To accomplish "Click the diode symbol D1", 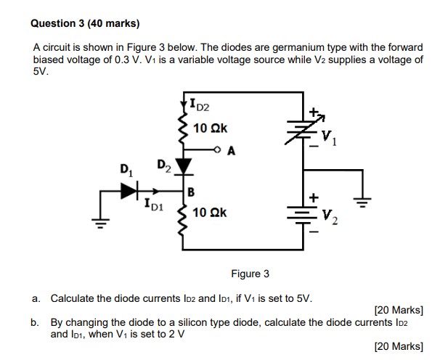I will point(129,191).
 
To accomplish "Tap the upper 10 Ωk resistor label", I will point(211,128).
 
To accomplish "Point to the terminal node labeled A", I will point(220,150).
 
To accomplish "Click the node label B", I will point(191,192).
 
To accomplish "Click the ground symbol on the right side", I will point(361,200).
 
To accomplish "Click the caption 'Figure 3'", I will point(250,274).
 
